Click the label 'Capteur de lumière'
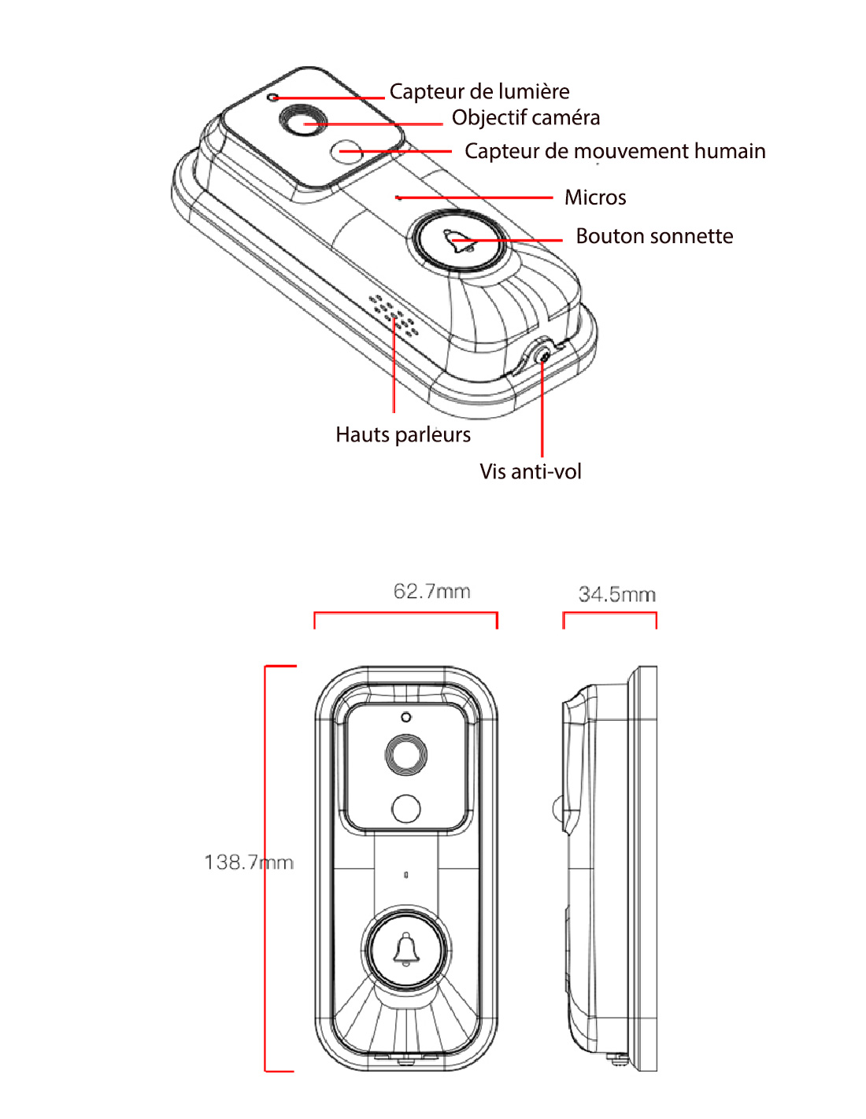(x=479, y=92)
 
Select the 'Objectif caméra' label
(x=525, y=118)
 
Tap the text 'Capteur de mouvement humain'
(x=614, y=151)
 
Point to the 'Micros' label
(x=595, y=198)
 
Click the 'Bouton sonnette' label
(x=653, y=236)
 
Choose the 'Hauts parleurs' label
(x=403, y=434)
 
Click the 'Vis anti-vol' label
(x=531, y=471)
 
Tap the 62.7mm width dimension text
(x=431, y=591)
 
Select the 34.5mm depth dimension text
(x=617, y=594)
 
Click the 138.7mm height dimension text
(x=249, y=862)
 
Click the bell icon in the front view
(x=406, y=948)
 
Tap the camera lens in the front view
(x=406, y=755)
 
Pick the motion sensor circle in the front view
(x=406, y=808)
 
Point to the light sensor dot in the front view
(x=406, y=717)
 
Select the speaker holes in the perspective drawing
(x=394, y=315)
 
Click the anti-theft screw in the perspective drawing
(x=543, y=356)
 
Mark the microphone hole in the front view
(x=406, y=874)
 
